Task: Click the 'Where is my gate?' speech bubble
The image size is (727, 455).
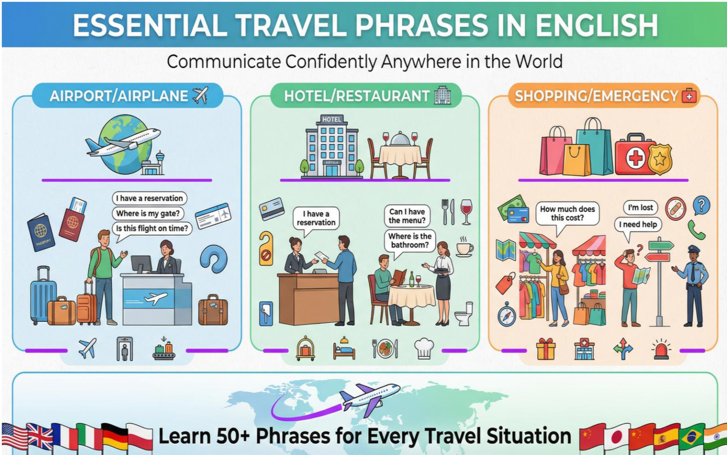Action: [148, 214]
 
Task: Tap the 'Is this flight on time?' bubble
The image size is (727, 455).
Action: [152, 228]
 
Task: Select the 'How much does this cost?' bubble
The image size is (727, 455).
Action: [567, 214]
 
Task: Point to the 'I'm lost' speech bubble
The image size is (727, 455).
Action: [640, 207]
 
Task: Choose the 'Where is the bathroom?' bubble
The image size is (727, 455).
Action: [409, 241]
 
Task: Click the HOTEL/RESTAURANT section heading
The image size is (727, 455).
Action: [357, 96]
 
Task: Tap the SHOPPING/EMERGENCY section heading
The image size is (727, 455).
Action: [596, 96]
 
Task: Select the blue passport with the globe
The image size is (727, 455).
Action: [41, 232]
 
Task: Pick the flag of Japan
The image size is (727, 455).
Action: [617, 437]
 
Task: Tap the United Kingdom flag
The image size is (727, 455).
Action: [40, 437]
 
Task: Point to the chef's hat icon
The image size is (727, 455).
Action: [424, 348]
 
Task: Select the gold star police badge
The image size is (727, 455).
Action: [660, 159]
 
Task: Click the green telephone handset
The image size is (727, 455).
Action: [696, 230]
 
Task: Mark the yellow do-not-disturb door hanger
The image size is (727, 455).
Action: [266, 248]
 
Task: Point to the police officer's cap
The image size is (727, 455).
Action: [694, 249]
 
